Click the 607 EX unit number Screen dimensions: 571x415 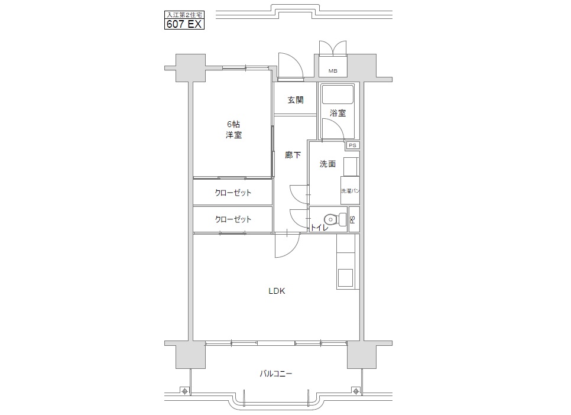[184, 24]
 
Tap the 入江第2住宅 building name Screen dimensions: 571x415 [184, 15]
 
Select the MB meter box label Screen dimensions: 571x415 [333, 71]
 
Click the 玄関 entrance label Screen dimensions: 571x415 [296, 100]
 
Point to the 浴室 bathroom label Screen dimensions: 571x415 [338, 113]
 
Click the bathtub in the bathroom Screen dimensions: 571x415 [338, 94]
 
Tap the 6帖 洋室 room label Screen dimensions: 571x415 [233, 129]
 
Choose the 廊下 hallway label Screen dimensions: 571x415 [293, 155]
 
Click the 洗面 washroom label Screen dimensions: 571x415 [327, 164]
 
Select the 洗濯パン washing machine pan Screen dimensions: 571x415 [350, 190]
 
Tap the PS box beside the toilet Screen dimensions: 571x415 [354, 219]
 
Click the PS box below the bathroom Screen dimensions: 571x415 [352, 145]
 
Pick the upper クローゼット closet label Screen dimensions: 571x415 [233, 193]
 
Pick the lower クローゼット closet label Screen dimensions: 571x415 [233, 219]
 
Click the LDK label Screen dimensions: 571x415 [277, 291]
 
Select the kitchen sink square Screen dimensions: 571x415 [345, 278]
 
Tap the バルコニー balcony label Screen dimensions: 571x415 [275, 374]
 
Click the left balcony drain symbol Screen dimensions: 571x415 [184, 391]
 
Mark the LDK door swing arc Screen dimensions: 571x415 [294, 250]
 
